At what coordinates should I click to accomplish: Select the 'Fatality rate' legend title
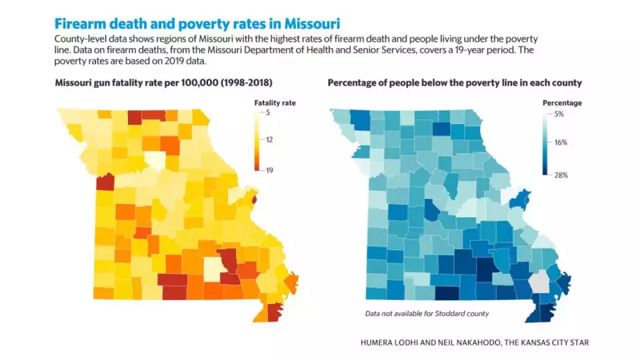pos(275,103)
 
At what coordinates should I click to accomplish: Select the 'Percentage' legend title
pos(561,103)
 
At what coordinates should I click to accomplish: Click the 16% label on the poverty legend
pos(562,143)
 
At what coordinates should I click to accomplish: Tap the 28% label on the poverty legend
pos(562,175)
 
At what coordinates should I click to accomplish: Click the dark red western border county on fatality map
pos(105,182)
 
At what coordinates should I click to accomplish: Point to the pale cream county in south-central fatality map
pos(213,269)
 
